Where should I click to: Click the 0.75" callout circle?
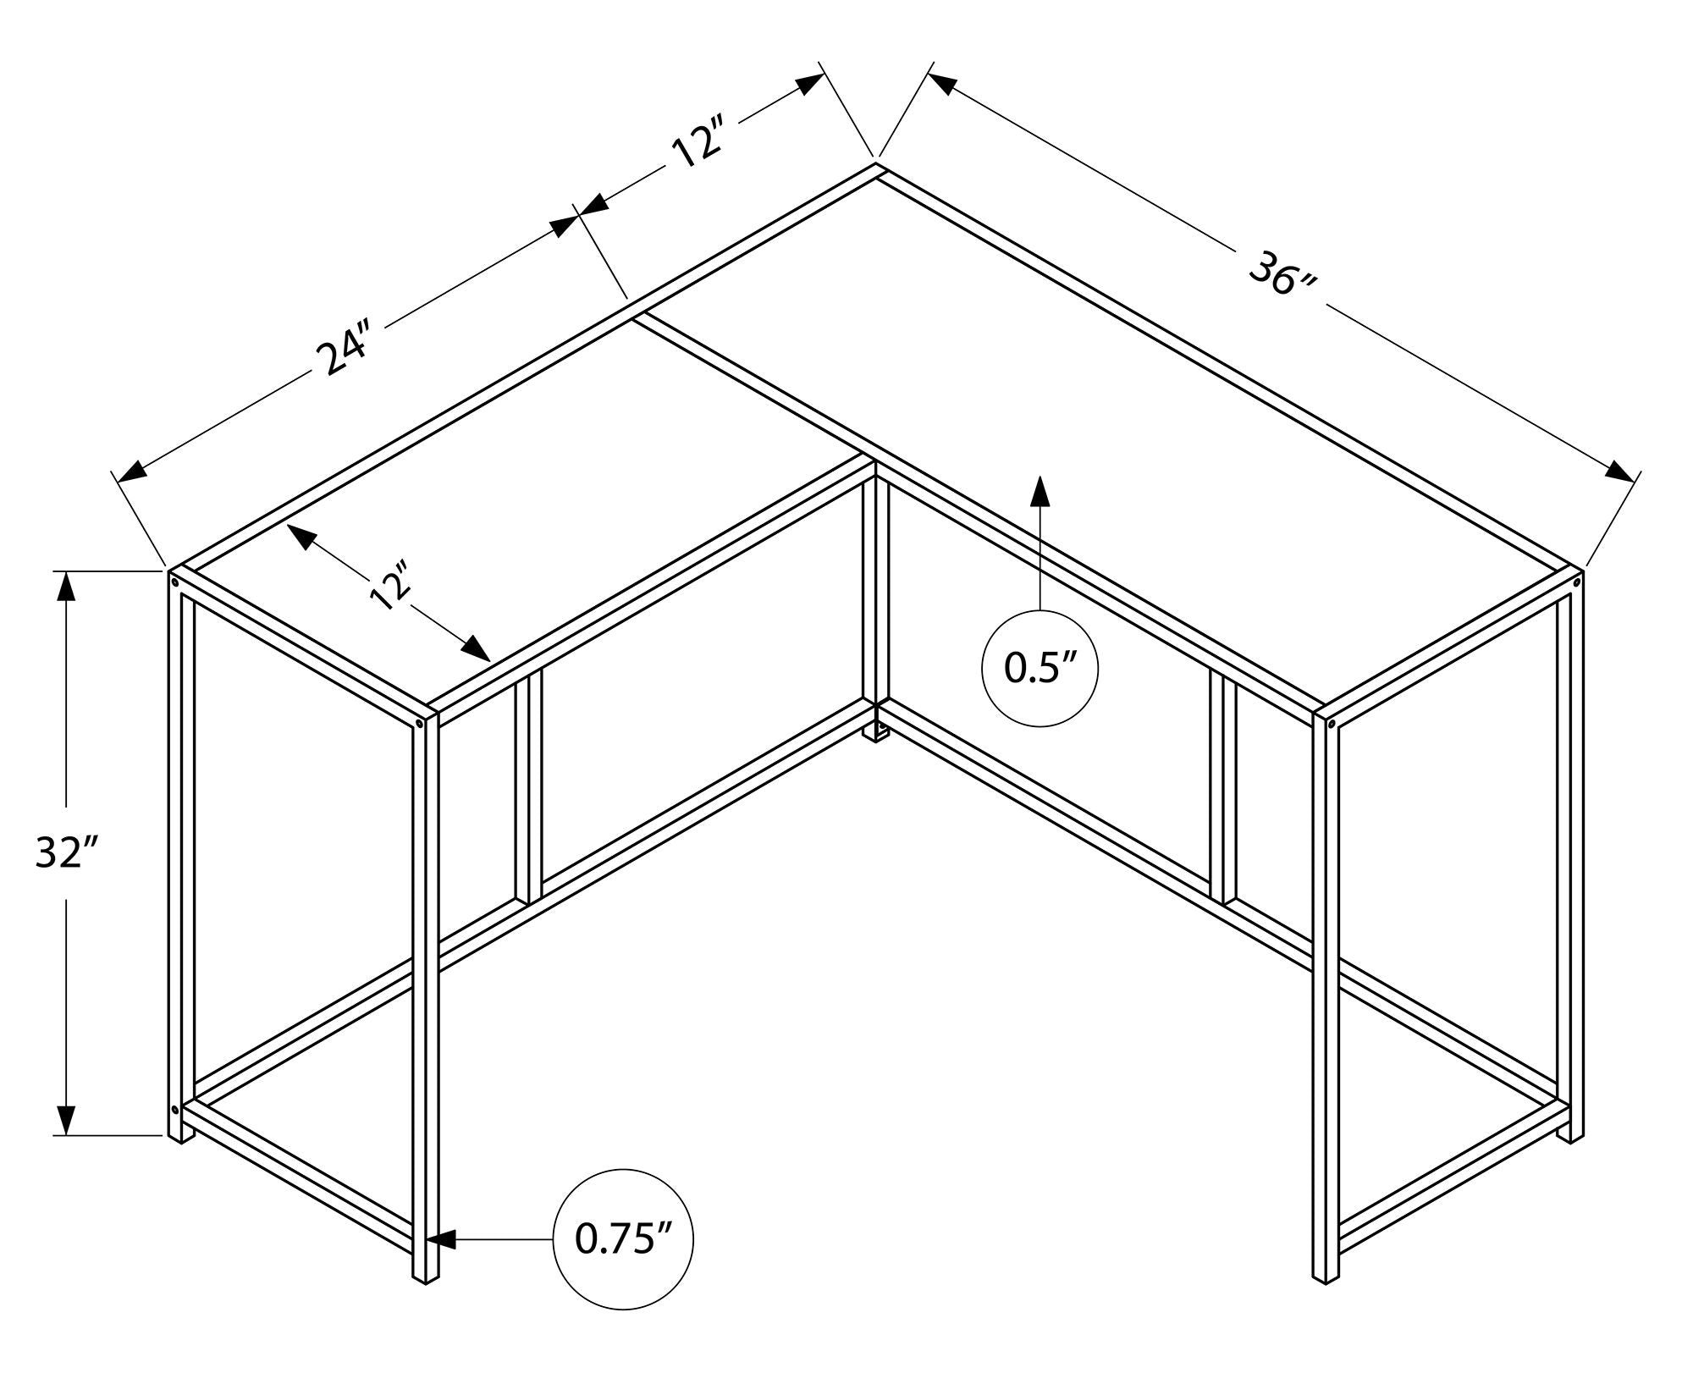[623, 1240]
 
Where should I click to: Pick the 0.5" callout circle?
[1040, 668]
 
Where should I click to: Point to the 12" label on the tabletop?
[390, 585]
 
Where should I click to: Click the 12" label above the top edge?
[699, 145]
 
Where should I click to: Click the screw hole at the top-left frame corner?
[174, 582]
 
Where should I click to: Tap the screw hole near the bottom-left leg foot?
[174, 1109]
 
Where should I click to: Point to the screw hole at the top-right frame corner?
[1576, 582]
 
